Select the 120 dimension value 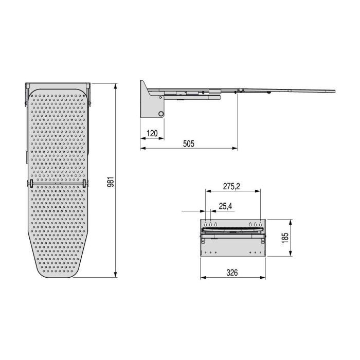click(152, 134)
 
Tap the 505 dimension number click(189, 144)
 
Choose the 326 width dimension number click(232, 273)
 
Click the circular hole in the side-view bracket click(161, 113)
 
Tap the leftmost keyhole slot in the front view click(206, 225)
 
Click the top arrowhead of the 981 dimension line click(115, 84)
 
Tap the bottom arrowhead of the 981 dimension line click(115, 276)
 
